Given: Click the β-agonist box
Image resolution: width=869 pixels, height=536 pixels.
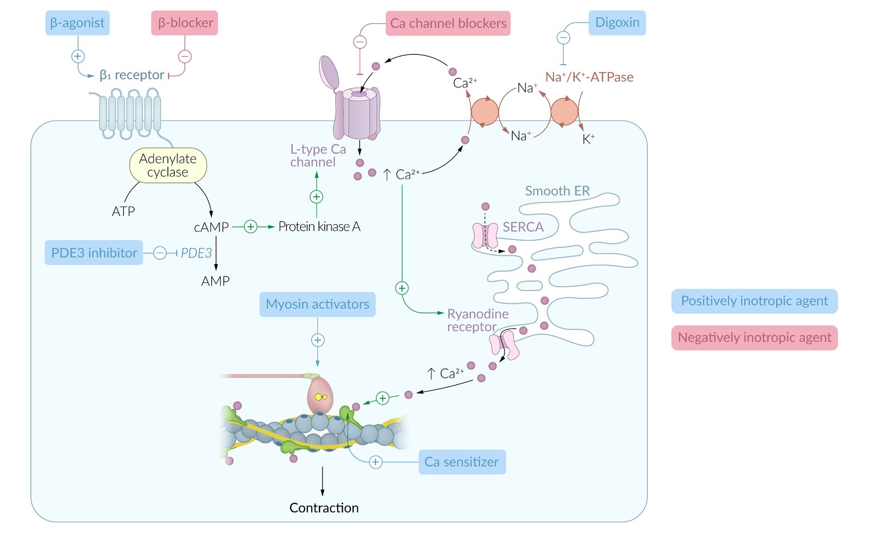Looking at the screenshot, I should click(x=77, y=23).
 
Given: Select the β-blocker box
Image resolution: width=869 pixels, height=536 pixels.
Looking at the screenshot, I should click(x=185, y=23).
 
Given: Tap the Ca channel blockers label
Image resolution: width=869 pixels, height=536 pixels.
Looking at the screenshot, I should click(x=448, y=23).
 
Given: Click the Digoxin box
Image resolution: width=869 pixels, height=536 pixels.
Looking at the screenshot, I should click(x=617, y=23).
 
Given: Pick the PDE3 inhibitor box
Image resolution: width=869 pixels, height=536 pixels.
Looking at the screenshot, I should click(x=94, y=253).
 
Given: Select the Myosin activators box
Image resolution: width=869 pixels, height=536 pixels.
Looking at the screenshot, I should click(x=317, y=304).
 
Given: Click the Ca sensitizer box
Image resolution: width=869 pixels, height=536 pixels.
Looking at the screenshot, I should click(x=462, y=462).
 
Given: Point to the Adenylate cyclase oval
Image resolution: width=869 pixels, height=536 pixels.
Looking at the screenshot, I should click(x=168, y=166).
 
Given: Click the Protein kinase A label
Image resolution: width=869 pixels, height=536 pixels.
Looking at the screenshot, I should click(x=319, y=226).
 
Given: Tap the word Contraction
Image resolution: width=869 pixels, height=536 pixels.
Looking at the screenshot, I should click(x=324, y=508).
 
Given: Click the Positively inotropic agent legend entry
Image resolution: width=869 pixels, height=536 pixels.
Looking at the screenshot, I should click(x=754, y=301).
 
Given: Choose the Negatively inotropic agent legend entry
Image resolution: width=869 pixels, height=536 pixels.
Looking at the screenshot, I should click(x=754, y=338).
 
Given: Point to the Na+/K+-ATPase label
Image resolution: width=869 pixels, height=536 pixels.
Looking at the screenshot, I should click(x=589, y=77).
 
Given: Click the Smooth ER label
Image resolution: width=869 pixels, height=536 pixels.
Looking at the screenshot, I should click(x=557, y=191).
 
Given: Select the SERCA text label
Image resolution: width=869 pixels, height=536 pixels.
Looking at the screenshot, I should click(x=523, y=227).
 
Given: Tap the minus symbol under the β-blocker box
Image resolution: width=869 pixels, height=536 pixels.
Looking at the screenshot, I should click(x=185, y=56).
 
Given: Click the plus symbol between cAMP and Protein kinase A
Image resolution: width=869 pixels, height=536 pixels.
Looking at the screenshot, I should click(x=250, y=226).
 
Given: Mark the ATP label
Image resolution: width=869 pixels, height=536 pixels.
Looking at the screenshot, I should click(x=123, y=211).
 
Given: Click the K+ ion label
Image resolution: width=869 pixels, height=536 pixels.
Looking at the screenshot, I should click(x=588, y=140).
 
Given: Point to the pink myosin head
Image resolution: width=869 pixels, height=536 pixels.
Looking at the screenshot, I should click(x=320, y=395).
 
